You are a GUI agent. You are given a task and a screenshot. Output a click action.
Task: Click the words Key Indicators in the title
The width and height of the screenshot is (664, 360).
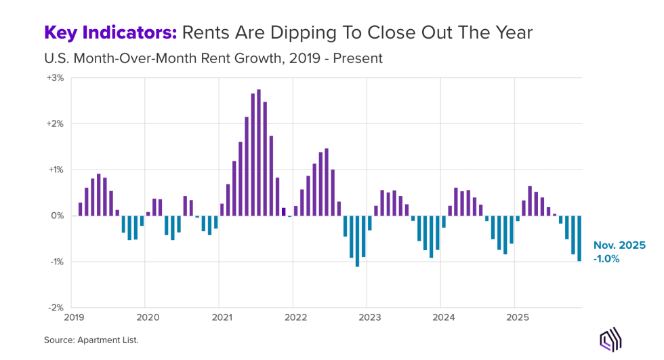click(111, 32)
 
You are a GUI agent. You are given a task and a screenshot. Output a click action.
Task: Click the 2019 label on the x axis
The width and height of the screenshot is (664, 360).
click(74, 317)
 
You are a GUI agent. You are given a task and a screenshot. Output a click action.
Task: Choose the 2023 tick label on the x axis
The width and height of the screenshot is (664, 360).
click(367, 317)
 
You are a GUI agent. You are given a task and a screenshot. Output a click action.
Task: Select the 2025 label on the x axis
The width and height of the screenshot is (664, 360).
click(515, 317)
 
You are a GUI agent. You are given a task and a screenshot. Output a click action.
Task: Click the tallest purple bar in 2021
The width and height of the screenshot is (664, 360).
click(259, 153)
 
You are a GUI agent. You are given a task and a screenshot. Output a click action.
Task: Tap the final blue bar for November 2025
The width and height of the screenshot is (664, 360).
click(579, 238)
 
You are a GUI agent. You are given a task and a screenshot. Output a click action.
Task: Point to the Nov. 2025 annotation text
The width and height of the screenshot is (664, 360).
click(619, 245)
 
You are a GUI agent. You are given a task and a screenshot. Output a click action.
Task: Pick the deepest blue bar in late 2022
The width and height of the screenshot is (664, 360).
click(357, 241)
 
